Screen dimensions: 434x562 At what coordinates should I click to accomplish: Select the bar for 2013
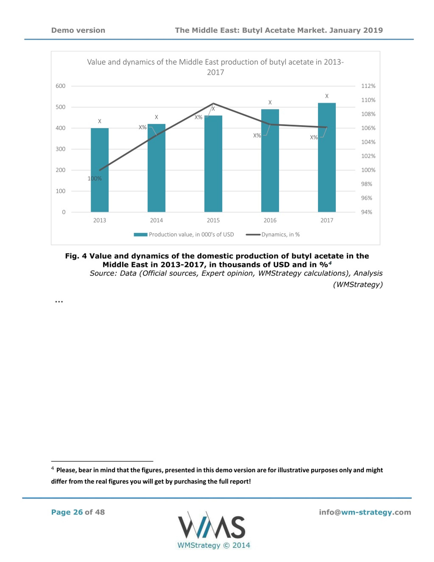click(100, 170)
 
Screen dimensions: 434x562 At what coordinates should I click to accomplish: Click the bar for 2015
click(213, 164)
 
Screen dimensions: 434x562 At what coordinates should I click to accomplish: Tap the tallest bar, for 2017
click(327, 157)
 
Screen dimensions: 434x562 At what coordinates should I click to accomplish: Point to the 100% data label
click(95, 179)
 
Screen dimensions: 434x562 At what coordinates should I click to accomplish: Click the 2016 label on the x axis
click(270, 220)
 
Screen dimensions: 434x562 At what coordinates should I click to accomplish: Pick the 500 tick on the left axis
click(61, 107)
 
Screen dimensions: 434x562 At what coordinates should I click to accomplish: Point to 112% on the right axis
click(368, 86)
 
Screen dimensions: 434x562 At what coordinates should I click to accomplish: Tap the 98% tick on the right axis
click(367, 184)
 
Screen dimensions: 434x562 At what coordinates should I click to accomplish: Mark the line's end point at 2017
click(327, 127)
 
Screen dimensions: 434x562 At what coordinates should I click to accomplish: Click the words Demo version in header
click(78, 30)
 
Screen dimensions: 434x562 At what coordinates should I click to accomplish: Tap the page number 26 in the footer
click(78, 512)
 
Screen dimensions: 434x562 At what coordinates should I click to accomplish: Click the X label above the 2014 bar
click(156, 117)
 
